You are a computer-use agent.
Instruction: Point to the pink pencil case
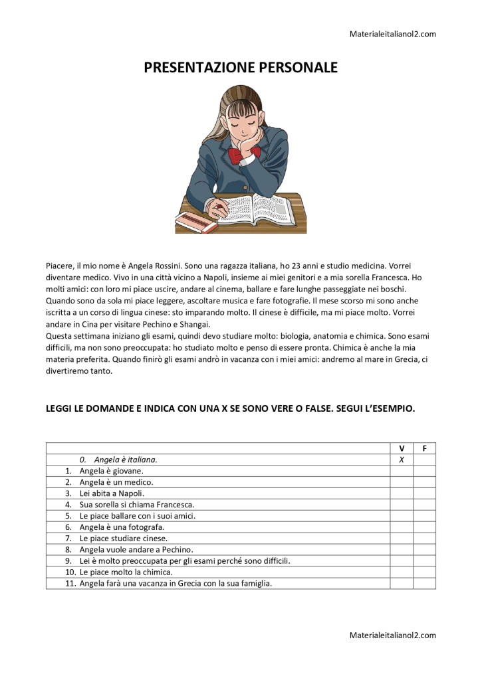196,222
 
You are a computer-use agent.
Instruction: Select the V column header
402,448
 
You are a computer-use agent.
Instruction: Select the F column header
424,448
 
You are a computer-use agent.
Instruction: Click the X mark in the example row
402,460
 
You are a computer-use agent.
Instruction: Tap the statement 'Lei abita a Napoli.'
112,493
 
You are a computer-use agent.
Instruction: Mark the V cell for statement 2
402,482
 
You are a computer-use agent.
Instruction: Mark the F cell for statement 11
424,584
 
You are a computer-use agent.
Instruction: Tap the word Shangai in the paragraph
194,324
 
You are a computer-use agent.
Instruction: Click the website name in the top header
392,34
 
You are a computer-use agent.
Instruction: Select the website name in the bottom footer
392,636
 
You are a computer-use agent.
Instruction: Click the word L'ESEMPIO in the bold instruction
388,409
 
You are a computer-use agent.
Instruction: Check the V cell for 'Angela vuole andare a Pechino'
402,550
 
